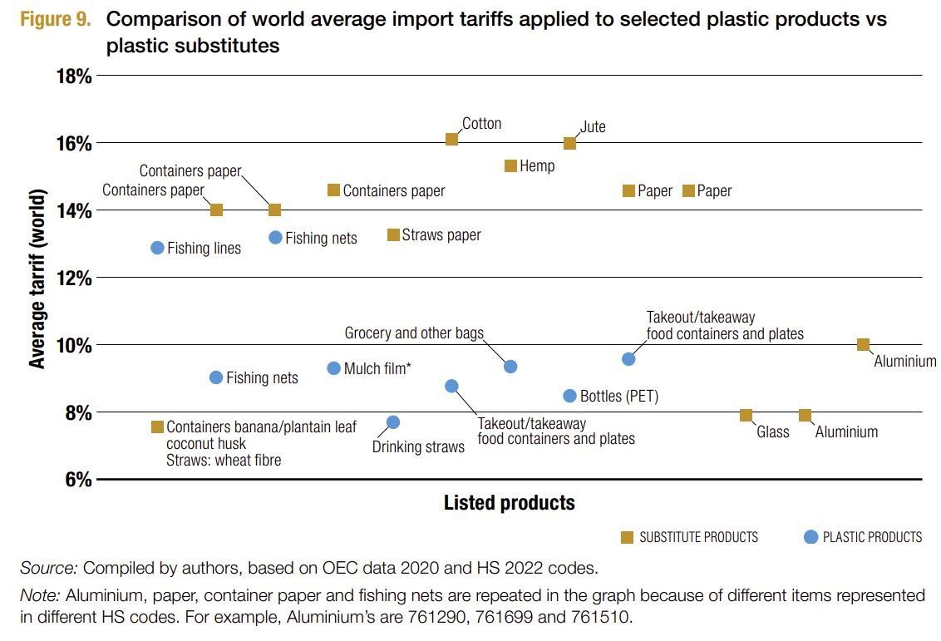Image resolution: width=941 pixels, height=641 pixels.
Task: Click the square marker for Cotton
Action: click(x=451, y=139)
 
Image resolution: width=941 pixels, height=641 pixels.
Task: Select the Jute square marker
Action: click(x=569, y=143)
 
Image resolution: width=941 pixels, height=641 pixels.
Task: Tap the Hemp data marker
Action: click(x=510, y=166)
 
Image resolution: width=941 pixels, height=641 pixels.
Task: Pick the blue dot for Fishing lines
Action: click(x=157, y=248)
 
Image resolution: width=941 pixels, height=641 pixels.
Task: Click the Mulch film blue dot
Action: click(x=334, y=368)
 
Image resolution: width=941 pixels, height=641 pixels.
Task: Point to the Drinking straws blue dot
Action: click(x=393, y=422)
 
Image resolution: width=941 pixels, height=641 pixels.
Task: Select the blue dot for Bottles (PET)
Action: click(x=569, y=396)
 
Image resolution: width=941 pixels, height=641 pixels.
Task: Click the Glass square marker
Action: click(x=746, y=415)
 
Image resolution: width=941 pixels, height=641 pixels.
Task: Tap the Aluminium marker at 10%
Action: click(x=863, y=344)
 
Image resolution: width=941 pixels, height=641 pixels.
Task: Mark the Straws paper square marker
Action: click(x=393, y=235)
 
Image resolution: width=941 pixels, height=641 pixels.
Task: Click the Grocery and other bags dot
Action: click(x=510, y=367)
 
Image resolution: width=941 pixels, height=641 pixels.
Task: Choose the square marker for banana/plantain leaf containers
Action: click(x=157, y=427)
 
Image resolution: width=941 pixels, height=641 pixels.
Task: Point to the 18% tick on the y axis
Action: click(x=73, y=76)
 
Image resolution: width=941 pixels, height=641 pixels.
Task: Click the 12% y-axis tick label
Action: click(x=73, y=278)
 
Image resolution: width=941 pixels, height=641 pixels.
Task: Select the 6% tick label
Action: click(x=78, y=480)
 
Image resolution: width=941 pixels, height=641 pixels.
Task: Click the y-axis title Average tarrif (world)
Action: click(x=37, y=278)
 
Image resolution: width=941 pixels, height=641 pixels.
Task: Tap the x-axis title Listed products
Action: click(x=509, y=503)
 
